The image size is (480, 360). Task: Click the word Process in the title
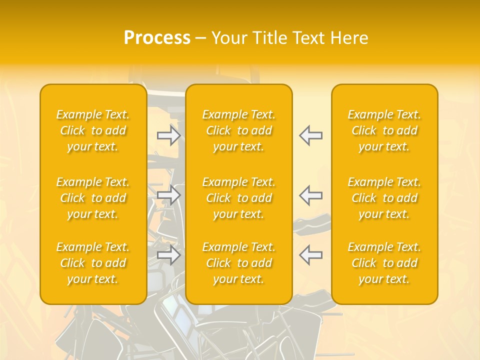pyautogui.click(x=157, y=38)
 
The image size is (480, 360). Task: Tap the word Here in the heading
pyautogui.click(x=349, y=38)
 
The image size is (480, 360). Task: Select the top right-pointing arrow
pyautogui.click(x=169, y=135)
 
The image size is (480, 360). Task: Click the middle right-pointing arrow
pyautogui.click(x=169, y=195)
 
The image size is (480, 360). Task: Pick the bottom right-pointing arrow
pyautogui.click(x=169, y=255)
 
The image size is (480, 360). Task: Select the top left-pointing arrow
pyautogui.click(x=310, y=135)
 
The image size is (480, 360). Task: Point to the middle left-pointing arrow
pyautogui.click(x=310, y=195)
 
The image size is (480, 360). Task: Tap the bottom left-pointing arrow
pyautogui.click(x=310, y=255)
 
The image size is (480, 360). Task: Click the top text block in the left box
pyautogui.click(x=93, y=130)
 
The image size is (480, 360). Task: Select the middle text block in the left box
pyautogui.click(x=93, y=198)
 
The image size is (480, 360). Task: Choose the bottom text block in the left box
pyautogui.click(x=93, y=263)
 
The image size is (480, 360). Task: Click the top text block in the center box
pyautogui.click(x=239, y=130)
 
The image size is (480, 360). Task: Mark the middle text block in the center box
pyautogui.click(x=239, y=198)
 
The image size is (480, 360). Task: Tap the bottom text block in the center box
pyautogui.click(x=239, y=263)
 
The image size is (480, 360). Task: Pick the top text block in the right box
pyautogui.click(x=384, y=130)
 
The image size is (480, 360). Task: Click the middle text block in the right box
pyautogui.click(x=384, y=198)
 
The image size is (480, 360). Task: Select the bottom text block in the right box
pyautogui.click(x=384, y=263)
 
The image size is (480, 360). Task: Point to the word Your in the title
pyautogui.click(x=229, y=38)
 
